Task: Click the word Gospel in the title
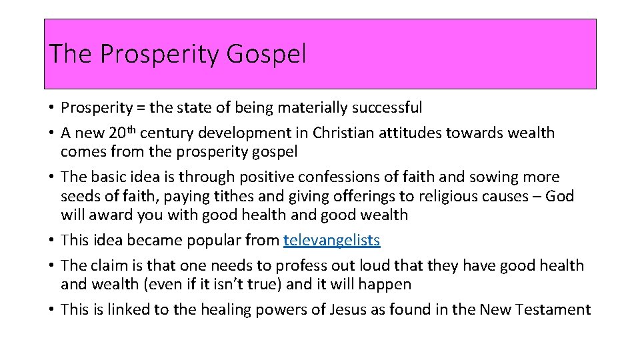point(266,54)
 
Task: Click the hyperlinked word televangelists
point(331,240)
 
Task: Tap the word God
point(560,196)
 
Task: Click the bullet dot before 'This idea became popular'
point(51,240)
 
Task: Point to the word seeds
point(80,196)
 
